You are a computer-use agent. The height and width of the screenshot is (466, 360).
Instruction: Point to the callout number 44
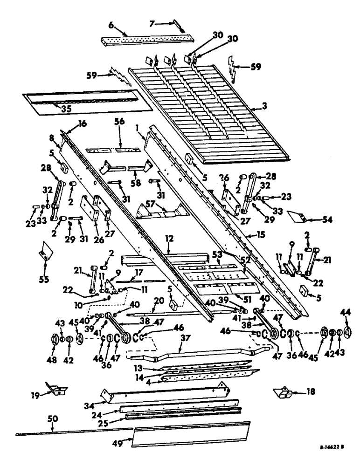coord(346,312)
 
